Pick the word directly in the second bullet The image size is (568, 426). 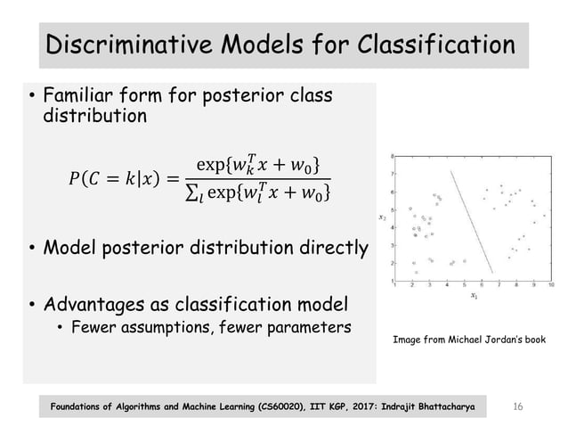point(331,247)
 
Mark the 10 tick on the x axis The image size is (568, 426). point(552,285)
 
